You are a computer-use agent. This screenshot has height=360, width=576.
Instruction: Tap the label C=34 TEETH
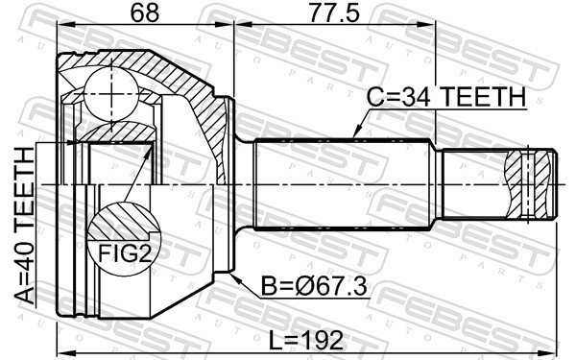pyautogui.click(x=446, y=97)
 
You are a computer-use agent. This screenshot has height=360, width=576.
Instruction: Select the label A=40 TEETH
pyautogui.click(x=25, y=226)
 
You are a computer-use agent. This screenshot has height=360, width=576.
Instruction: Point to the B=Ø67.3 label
pyautogui.click(x=314, y=287)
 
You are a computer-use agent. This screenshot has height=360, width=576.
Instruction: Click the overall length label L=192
pyautogui.click(x=306, y=341)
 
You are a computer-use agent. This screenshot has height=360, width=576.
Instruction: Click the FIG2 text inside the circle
pyautogui.click(x=125, y=253)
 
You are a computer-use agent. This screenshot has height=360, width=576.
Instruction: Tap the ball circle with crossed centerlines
pyautogui.click(x=111, y=94)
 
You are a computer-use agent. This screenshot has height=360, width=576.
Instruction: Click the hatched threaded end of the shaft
pyautogui.click(x=529, y=184)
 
